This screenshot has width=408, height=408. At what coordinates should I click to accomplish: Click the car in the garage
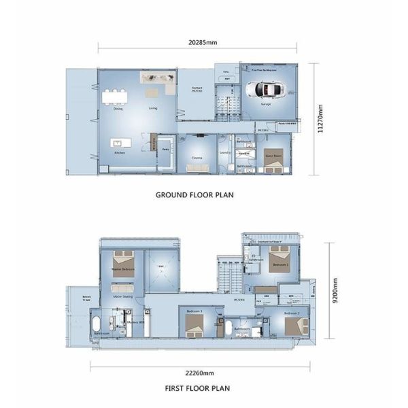(267, 90)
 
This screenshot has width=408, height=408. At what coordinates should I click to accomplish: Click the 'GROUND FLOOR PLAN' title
(194, 194)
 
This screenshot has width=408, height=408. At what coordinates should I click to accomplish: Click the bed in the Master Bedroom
(123, 260)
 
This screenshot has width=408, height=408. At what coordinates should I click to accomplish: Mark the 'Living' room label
(154, 108)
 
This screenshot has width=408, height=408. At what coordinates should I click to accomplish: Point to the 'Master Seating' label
(122, 296)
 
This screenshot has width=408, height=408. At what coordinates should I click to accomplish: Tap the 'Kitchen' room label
(120, 153)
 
